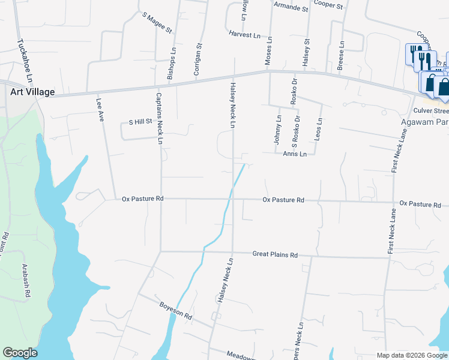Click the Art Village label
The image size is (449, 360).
(x=32, y=92)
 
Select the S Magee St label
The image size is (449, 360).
(x=157, y=22)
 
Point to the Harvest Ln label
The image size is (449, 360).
(x=244, y=35)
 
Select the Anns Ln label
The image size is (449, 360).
(x=295, y=154)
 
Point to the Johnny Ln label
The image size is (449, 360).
(x=277, y=130)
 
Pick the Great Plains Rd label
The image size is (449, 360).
(x=275, y=255)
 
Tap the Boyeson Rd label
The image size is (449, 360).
(x=175, y=311)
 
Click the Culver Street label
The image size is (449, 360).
(x=431, y=111)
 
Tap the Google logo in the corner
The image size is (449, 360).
(x=20, y=353)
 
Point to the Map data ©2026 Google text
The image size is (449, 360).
(x=411, y=355)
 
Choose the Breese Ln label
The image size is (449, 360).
(x=340, y=56)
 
